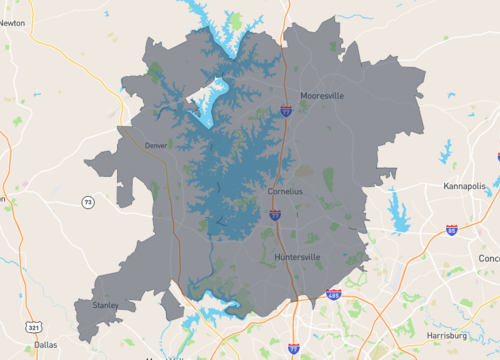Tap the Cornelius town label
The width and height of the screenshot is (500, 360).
click(285, 191)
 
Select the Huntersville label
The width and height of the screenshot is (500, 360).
click(297, 257)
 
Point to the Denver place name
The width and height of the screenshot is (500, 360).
click(156, 146)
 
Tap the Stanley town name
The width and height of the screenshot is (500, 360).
click(105, 304)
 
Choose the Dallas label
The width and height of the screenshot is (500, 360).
click(45, 344)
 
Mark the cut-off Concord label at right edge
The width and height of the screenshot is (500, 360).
click(489, 257)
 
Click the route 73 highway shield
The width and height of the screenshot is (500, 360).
click(88, 203)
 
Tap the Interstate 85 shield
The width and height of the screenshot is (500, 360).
click(453, 230)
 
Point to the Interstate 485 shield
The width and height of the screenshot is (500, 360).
click(333, 295)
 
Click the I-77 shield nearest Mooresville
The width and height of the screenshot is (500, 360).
click(286, 110)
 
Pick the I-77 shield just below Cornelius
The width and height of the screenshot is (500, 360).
click(275, 214)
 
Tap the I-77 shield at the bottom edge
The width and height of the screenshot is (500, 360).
click(293, 347)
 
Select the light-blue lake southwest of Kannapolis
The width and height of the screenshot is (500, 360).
click(401, 215)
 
